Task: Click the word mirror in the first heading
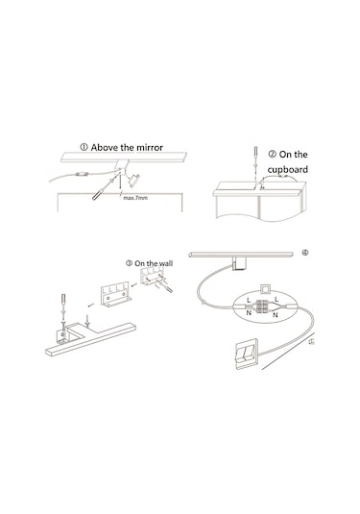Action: [x=150, y=148]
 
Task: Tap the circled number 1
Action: [x=84, y=147]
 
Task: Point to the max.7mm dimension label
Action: [x=135, y=198]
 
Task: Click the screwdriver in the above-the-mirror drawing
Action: [x=103, y=189]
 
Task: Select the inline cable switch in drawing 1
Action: [x=81, y=174]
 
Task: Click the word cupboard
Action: [x=288, y=169]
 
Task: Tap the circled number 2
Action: [x=273, y=154]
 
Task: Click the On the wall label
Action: [x=154, y=263]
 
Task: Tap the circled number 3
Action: [x=129, y=263]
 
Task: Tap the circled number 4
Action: [x=305, y=253]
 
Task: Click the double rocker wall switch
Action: [x=247, y=355]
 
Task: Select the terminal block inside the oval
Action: [x=262, y=306]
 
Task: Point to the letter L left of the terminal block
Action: [x=249, y=300]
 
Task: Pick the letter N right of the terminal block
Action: [x=276, y=315]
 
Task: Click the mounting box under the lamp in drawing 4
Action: [x=238, y=264]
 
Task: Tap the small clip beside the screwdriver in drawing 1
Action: [x=134, y=181]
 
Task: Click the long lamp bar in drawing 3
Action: [x=90, y=339]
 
